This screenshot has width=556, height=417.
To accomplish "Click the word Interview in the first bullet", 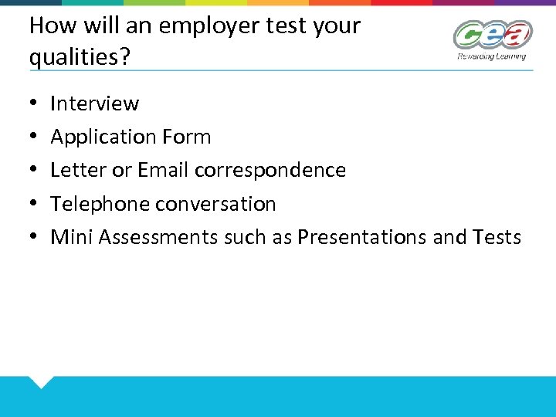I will (x=94, y=103).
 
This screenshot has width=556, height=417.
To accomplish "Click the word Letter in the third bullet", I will (x=73, y=170).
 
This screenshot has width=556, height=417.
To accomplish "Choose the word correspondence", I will (x=270, y=171).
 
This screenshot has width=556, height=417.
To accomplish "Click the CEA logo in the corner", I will (x=492, y=35).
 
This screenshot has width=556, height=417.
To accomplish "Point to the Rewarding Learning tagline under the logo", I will (x=491, y=56).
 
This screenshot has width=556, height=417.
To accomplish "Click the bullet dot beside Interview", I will (x=34, y=103).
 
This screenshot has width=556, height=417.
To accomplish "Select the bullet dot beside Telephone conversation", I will (x=34, y=204).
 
